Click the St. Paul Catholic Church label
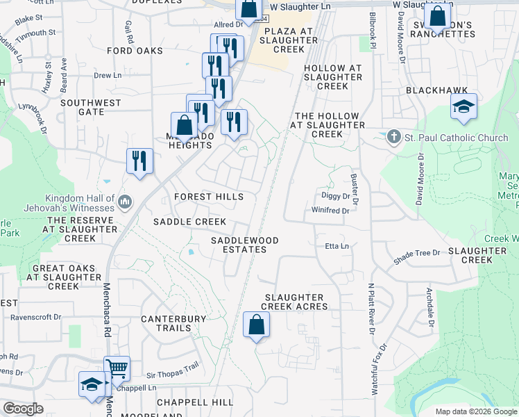[456, 138]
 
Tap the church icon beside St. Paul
[394, 137]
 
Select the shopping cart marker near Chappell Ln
[117, 369]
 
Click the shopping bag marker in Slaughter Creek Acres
[256, 325]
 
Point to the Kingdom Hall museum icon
[125, 202]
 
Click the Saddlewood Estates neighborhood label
[245, 245]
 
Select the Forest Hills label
[209, 197]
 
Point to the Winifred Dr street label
[330, 210]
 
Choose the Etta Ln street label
[337, 246]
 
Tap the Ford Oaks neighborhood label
[135, 51]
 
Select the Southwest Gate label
[90, 107]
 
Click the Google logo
[23, 409]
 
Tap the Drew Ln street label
[108, 75]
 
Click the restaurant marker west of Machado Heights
[139, 162]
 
